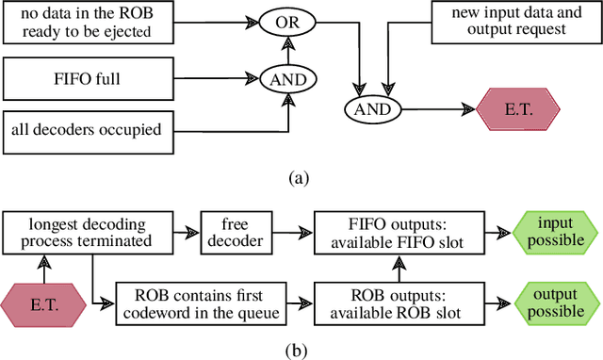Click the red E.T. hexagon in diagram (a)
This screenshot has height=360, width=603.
pos(517,110)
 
